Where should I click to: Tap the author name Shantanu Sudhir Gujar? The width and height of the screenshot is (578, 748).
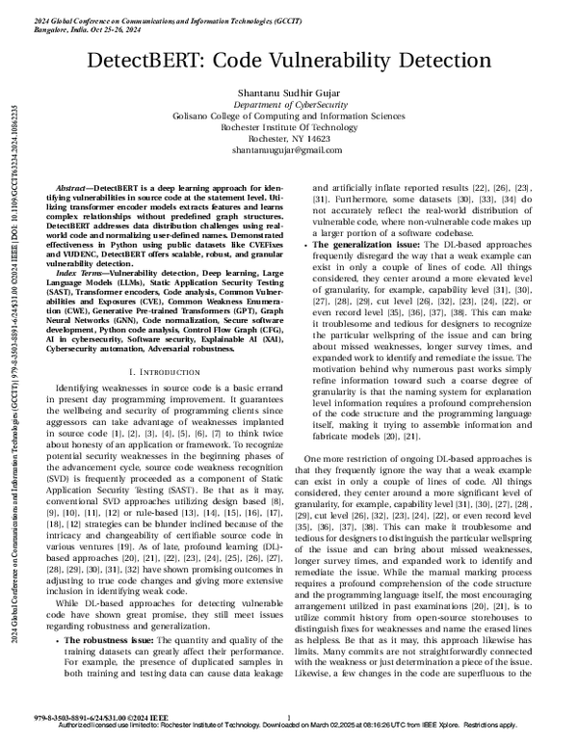tap(290, 91)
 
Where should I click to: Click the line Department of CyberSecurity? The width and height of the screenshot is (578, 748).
tap(290, 104)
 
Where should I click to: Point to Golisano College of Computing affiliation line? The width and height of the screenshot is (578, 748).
tap(290, 116)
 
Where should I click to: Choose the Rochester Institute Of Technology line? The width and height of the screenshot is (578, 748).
tap(290, 127)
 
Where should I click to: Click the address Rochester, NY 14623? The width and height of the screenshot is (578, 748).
tap(290, 139)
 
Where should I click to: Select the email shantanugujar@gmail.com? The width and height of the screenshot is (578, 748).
tap(290, 151)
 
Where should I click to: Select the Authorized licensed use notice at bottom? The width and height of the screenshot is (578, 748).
tap(289, 739)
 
